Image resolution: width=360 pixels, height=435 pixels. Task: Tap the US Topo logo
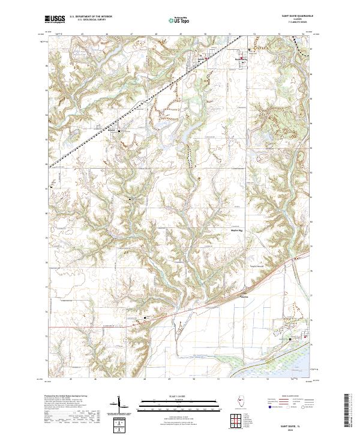[175, 20]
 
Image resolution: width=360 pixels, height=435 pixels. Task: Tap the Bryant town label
[112, 130]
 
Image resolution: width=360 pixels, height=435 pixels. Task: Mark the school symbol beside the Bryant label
[119, 131]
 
